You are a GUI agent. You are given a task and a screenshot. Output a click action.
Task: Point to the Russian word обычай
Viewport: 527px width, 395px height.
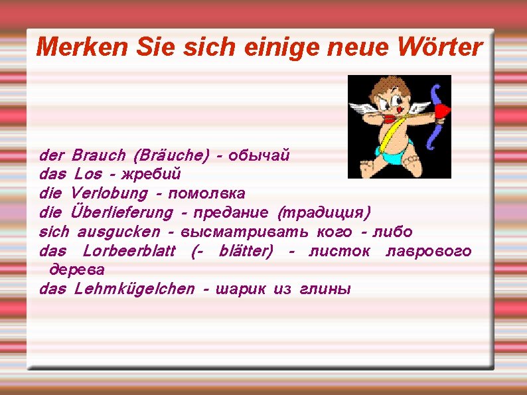[x=259, y=155]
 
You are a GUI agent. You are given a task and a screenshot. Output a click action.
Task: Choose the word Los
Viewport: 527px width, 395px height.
[x=88, y=175]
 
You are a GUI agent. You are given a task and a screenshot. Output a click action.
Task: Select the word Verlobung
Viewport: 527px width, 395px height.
[x=109, y=194]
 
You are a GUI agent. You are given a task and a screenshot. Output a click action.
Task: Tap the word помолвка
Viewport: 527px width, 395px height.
[x=207, y=194]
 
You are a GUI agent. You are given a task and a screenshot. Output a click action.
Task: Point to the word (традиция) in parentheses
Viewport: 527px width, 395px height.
[x=325, y=213]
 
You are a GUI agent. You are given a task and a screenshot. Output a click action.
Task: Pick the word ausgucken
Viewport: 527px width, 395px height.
[x=118, y=232]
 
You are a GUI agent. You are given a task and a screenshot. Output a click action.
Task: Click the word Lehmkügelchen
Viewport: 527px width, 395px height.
[x=135, y=289]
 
